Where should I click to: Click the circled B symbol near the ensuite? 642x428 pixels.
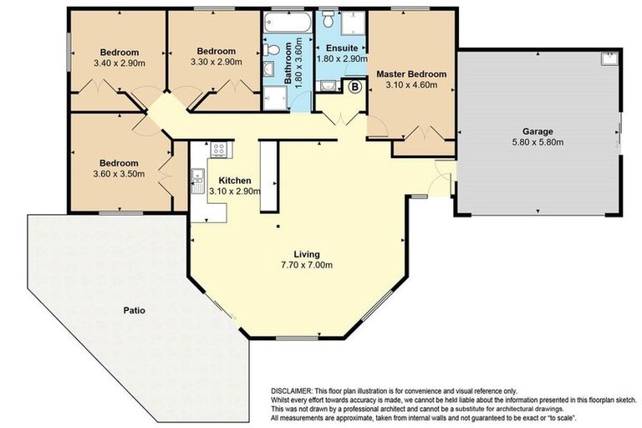354,87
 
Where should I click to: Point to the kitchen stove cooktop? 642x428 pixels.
218,150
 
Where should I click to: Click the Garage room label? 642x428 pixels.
539,131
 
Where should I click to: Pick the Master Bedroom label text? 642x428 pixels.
410,74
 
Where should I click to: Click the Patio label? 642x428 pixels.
134,310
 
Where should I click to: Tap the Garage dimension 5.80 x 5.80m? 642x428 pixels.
539,143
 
